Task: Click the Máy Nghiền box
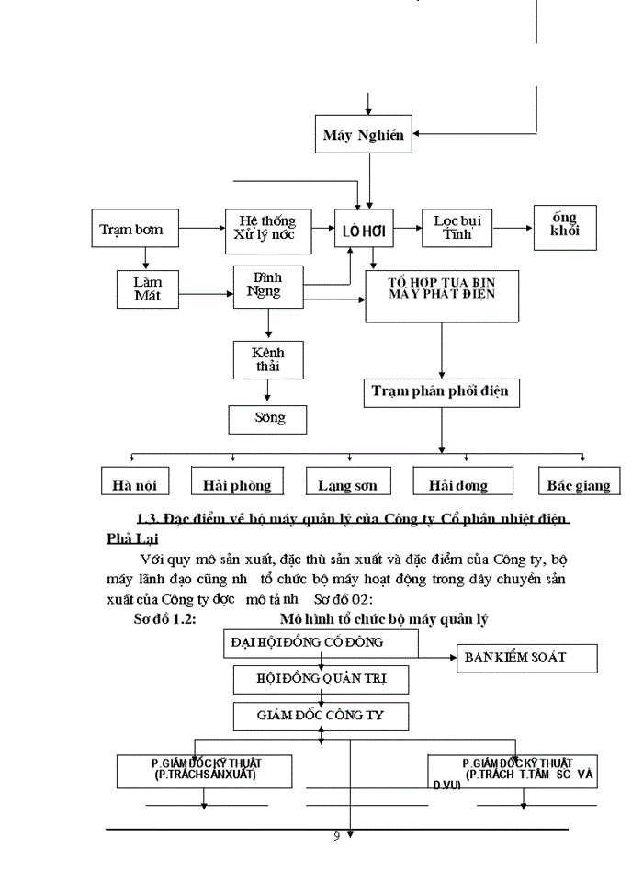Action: pyautogui.click(x=364, y=135)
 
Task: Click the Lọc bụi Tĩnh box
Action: pyautogui.click(x=457, y=228)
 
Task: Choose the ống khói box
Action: pyautogui.click(x=565, y=228)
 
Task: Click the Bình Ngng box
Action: pyautogui.click(x=268, y=286)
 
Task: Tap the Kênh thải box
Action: pyautogui.click(x=267, y=359)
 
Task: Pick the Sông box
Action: pyautogui.click(x=267, y=419)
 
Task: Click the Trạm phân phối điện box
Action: pyautogui.click(x=441, y=392)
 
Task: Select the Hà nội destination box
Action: pyautogui.click(x=134, y=482)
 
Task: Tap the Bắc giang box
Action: pyautogui.click(x=578, y=482)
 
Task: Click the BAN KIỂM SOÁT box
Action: pyautogui.click(x=526, y=658)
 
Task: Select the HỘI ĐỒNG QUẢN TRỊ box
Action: pyautogui.click(x=321, y=680)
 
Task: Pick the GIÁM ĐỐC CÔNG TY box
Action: pyautogui.click(x=321, y=715)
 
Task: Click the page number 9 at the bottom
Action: pyautogui.click(x=337, y=835)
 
